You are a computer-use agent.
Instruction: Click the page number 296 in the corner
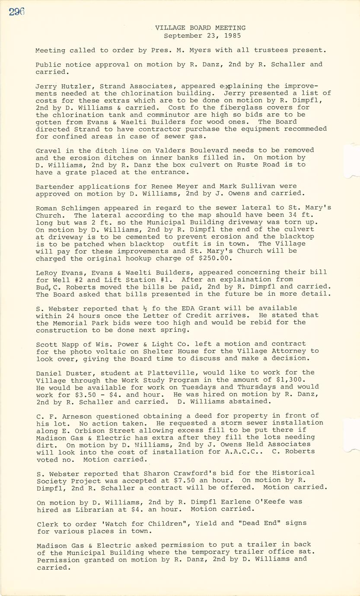coord(16,12)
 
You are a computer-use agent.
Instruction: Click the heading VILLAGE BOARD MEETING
coord(201,28)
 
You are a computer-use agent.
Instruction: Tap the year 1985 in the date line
coord(232,36)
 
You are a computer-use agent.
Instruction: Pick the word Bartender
coord(53,186)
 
